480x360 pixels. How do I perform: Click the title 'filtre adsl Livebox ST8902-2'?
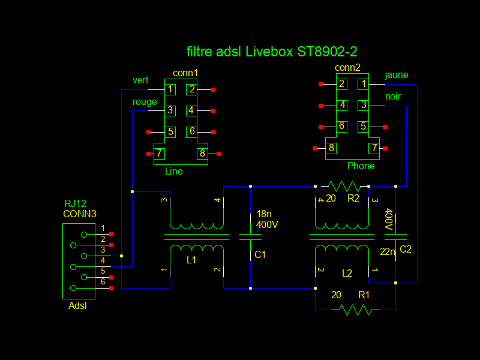coord(272,52)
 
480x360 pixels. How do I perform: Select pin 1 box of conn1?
coord(170,89)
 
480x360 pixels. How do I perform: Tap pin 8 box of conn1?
coord(202,154)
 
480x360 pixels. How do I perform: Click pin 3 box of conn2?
coord(363,105)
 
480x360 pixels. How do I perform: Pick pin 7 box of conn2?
coord(374,148)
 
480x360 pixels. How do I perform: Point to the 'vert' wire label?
coord(140,80)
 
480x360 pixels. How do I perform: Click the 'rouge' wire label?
coord(145,102)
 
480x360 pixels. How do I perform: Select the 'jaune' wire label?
coord(396,75)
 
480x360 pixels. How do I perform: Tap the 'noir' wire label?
coord(393,96)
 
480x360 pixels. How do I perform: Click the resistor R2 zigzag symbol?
coord(344,186)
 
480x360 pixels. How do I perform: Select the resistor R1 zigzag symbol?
coord(355,310)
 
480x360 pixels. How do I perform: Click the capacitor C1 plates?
coord(250,236)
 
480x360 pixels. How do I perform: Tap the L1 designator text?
coord(192,260)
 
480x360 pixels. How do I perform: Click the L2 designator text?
coord(347,273)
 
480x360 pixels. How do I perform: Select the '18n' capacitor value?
coord(264,214)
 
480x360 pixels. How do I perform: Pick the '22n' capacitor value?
coord(388,252)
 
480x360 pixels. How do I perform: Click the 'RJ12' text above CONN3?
coord(76,204)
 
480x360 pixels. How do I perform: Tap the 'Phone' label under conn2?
coord(361,166)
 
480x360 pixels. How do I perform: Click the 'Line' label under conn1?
coord(174,172)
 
